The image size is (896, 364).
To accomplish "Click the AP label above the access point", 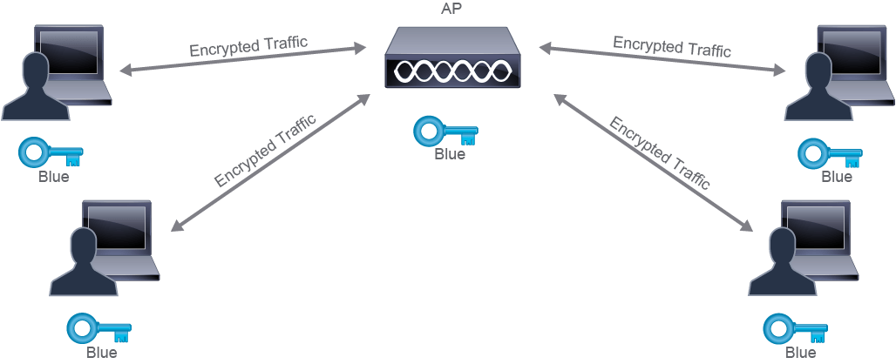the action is (x=452, y=10).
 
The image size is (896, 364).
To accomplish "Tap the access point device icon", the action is (x=453, y=58).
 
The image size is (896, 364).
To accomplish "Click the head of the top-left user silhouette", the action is (x=36, y=70).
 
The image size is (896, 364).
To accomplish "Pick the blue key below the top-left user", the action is (x=51, y=153).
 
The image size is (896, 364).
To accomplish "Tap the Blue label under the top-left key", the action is (x=54, y=176).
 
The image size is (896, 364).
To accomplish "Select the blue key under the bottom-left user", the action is (x=98, y=328).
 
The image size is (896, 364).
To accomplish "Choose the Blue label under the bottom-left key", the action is (x=102, y=352).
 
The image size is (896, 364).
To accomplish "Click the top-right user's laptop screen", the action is (x=852, y=52).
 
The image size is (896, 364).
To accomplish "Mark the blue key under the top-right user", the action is (x=831, y=152).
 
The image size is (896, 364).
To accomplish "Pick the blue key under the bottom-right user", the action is (x=796, y=328).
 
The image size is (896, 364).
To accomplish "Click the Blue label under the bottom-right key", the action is (x=800, y=353).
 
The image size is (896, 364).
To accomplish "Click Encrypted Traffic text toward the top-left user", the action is (x=248, y=45).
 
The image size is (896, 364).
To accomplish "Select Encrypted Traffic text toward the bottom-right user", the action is (x=659, y=153).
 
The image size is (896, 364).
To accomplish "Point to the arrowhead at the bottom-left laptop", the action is (x=177, y=226).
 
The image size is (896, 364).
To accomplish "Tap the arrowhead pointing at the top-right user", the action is (x=779, y=71).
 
